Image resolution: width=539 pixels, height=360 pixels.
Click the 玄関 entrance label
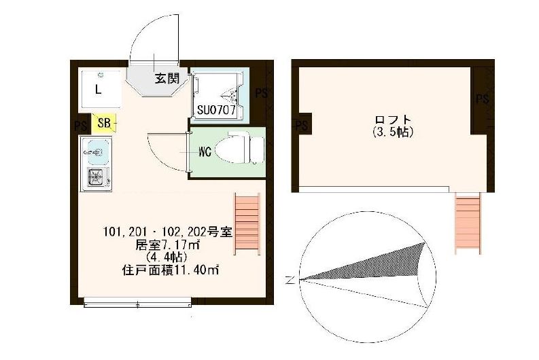coord(165,78)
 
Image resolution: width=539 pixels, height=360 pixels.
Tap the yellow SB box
coord(104,123)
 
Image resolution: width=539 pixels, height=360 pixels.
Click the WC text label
coord(205,152)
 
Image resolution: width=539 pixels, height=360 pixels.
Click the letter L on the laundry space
coord(99,89)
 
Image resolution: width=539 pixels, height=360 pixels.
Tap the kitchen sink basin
coord(96,147)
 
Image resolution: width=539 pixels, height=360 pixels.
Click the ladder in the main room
coord(247,224)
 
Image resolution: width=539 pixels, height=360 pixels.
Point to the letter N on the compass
coord(291,279)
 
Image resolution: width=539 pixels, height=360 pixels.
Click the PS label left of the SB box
coord(80,125)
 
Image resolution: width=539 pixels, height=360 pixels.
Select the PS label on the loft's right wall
coord(482,100)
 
